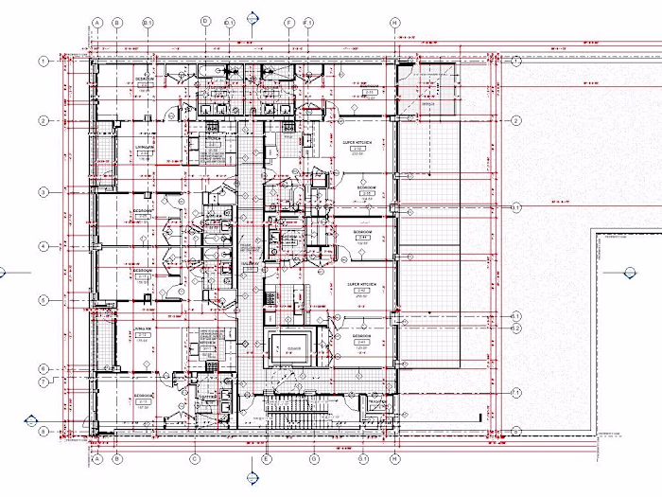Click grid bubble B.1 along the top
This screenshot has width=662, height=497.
148,21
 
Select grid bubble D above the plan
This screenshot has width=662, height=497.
205,21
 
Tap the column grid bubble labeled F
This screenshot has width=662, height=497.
288,21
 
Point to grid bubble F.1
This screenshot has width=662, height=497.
308,21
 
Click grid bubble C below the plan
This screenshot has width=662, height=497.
195,459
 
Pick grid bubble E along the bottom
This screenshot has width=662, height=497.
267,459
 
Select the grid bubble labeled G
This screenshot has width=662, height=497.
314,459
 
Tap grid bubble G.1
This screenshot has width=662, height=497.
361,459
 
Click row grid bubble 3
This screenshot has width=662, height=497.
44,192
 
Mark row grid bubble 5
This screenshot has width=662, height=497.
44,300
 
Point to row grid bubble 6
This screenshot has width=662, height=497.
44,368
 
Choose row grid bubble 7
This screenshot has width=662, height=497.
44,382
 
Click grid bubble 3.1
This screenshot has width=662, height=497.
516,206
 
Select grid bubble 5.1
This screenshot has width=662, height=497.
516,315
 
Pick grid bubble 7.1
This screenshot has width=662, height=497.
516,392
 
